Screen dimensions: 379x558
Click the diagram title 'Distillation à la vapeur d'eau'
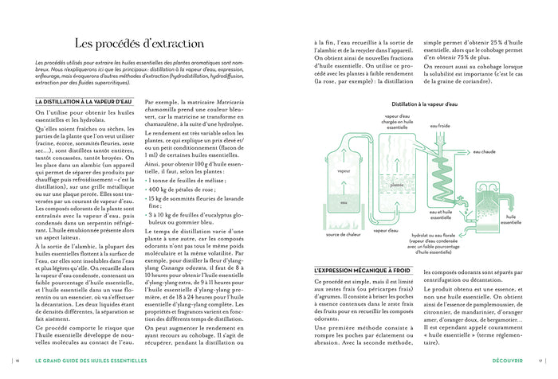[x=425, y=104]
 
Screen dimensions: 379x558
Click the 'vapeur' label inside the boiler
[x=344, y=171]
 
